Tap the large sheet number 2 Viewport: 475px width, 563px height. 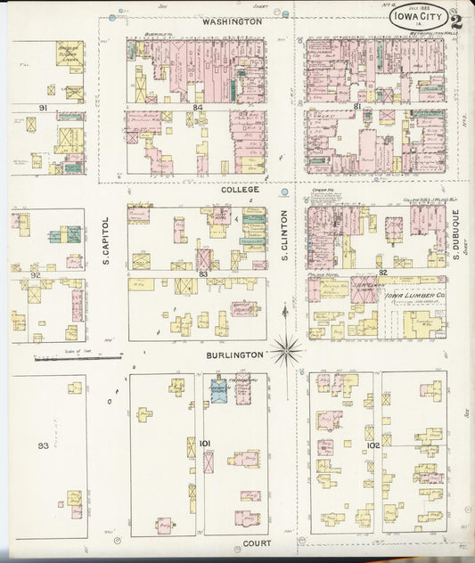[456, 22]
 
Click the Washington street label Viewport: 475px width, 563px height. [231, 20]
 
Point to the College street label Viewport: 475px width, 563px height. [241, 190]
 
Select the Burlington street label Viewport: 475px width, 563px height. [236, 354]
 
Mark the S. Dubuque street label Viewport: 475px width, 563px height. [454, 233]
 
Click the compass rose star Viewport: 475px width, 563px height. [287, 350]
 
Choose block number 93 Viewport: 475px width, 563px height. [42, 445]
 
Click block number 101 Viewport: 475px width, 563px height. [203, 443]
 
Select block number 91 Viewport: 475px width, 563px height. [42, 108]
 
